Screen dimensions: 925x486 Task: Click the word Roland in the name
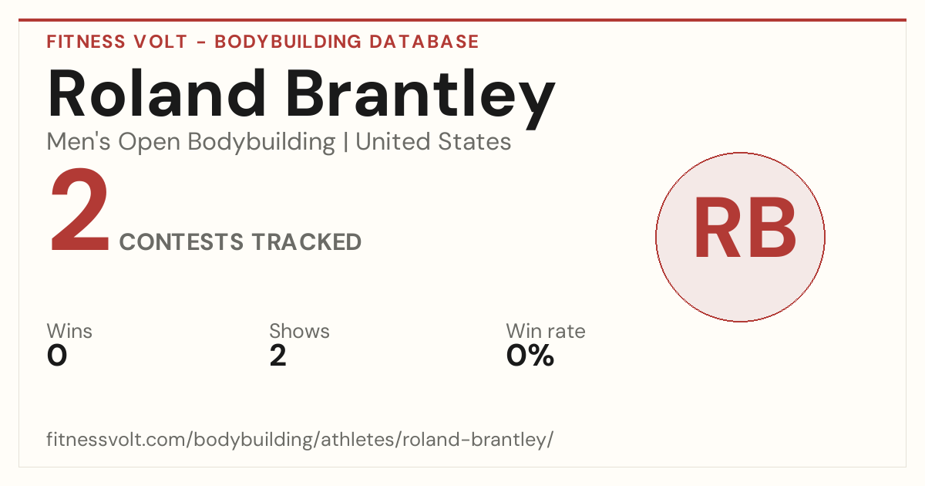[156, 93]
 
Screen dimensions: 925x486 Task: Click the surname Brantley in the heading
[420, 99]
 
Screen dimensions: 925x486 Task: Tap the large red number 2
[79, 210]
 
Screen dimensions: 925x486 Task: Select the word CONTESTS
[181, 241]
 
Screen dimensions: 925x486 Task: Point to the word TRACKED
[307, 241]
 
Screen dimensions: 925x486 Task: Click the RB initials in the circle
[745, 228]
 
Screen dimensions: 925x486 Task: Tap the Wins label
[69, 331]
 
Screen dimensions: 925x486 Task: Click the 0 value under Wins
[57, 356]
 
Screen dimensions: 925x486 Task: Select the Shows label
[299, 331]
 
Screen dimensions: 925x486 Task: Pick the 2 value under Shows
[278, 356]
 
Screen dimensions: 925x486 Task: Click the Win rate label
[546, 331]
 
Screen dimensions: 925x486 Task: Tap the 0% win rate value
[530, 356]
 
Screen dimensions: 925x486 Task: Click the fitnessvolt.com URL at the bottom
[300, 440]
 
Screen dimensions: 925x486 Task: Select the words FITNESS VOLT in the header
[117, 42]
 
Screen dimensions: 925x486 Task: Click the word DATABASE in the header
[424, 42]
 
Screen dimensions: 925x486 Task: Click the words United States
[433, 142]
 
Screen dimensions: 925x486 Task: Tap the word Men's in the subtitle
[79, 142]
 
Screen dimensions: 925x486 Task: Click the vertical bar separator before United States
[345, 143]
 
